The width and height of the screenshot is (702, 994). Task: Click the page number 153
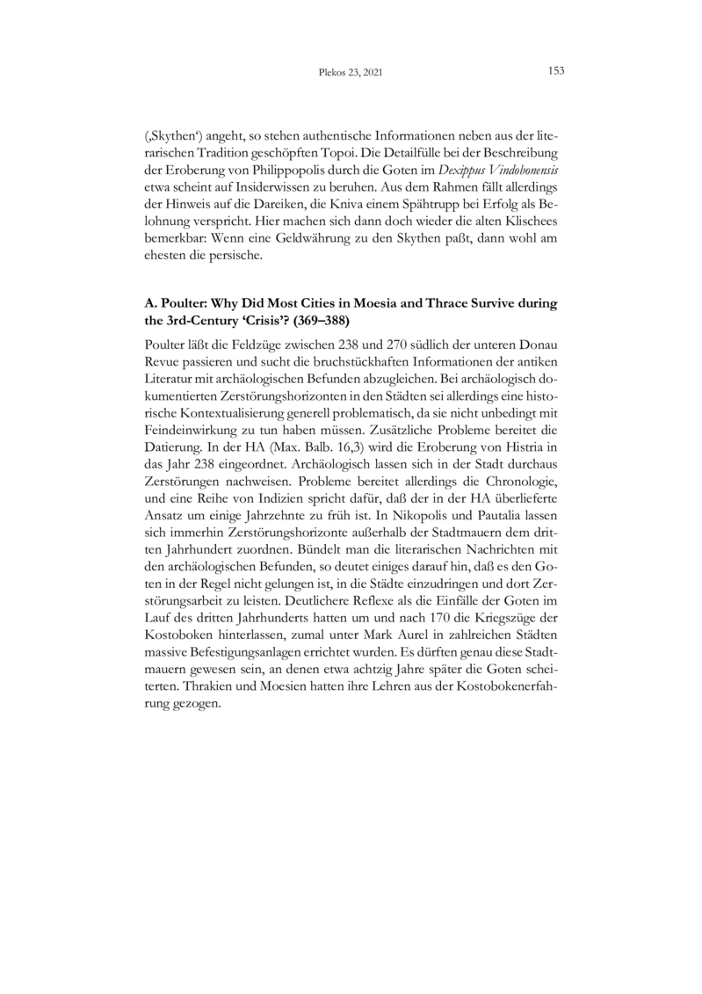tap(555, 70)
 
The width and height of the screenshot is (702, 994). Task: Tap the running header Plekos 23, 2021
tap(351, 71)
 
